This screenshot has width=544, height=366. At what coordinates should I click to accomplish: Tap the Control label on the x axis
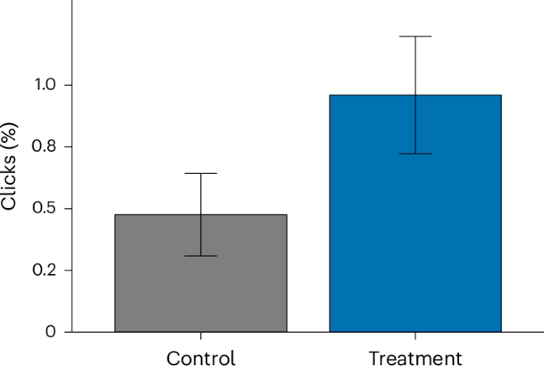200,357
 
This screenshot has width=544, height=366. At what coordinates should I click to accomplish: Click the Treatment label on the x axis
415,357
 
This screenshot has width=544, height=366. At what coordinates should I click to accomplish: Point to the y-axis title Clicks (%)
9,166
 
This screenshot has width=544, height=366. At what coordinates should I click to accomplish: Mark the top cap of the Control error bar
200,173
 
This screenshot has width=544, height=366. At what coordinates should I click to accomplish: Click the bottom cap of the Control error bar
200,256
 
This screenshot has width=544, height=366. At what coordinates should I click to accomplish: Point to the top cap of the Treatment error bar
415,37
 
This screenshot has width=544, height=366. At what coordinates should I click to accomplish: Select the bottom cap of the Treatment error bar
415,153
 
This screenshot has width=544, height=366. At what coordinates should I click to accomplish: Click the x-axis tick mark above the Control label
200,336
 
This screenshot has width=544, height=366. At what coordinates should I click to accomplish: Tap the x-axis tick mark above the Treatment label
415,336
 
